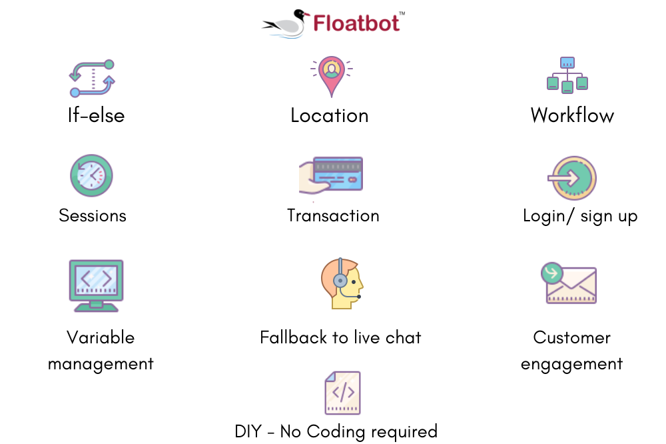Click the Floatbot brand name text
tap(357, 23)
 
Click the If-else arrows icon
tap(93, 79)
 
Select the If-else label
tap(96, 115)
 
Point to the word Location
tap(330, 115)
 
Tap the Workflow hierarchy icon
tap(567, 75)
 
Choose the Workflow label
tap(572, 115)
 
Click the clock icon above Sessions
tap(92, 175)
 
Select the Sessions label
tap(93, 215)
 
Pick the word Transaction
tap(333, 215)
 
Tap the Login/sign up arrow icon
tap(572, 178)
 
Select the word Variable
tap(101, 337)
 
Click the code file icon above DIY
tap(342, 393)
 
